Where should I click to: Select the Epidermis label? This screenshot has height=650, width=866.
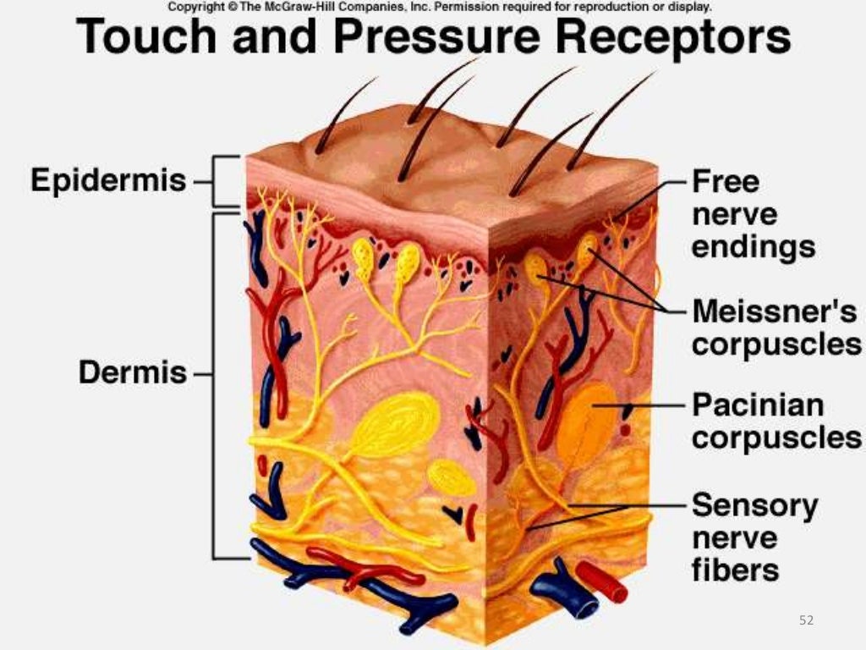(x=108, y=180)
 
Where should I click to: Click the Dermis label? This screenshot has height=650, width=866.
(x=133, y=372)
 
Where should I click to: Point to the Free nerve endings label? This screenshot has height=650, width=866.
(x=753, y=214)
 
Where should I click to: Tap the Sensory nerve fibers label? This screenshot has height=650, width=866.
(x=754, y=537)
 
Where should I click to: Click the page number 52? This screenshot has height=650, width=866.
(x=806, y=620)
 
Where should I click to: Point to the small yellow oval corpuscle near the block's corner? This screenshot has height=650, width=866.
(x=452, y=478)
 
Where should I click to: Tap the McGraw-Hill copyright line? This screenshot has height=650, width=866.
(x=440, y=6)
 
